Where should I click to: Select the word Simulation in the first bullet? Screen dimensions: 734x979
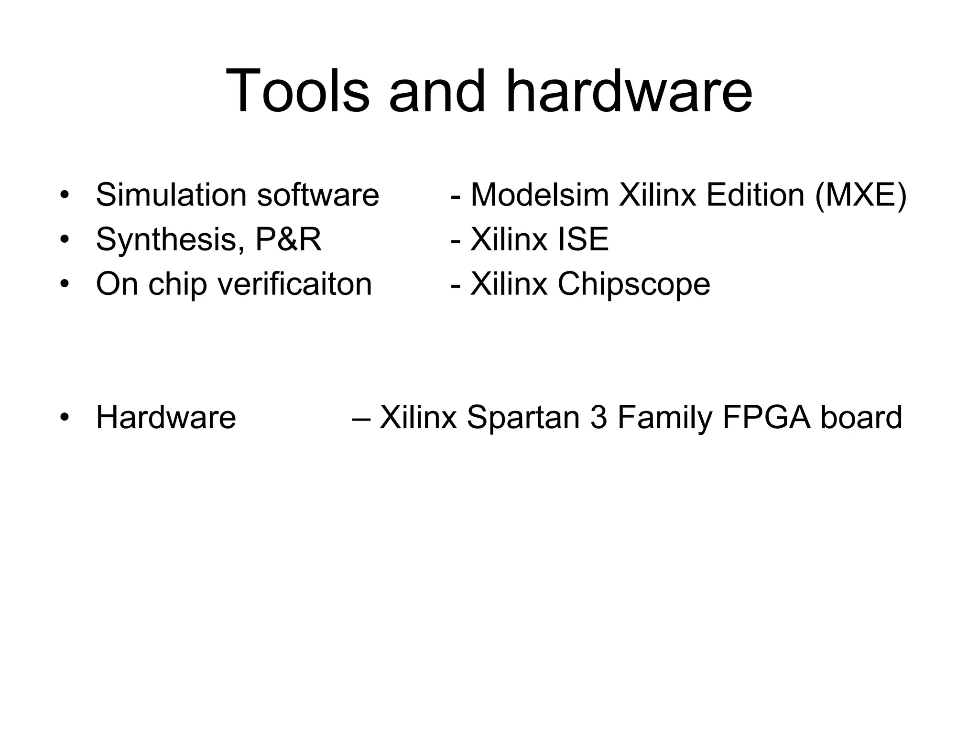pos(171,195)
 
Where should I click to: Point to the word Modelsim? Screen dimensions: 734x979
pos(540,195)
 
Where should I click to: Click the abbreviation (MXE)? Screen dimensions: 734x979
pos(860,195)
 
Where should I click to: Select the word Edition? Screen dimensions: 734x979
pos(755,195)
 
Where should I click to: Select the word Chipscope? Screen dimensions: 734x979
pos(634,284)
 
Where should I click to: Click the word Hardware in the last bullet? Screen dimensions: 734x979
pos(166,417)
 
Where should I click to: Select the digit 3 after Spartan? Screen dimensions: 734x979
pos(598,417)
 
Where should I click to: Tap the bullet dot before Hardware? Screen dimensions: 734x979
pos(65,417)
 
